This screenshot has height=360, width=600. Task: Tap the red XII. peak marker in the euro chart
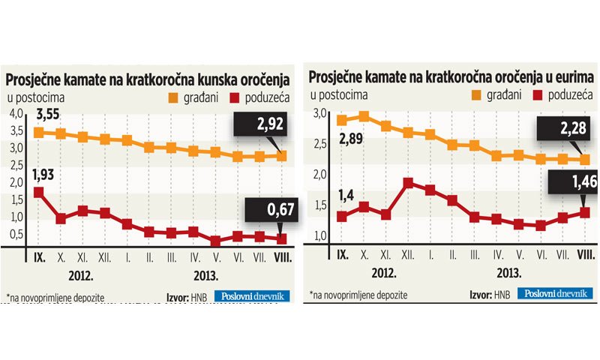tap(407, 182)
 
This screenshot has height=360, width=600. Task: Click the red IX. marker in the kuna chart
tap(38, 193)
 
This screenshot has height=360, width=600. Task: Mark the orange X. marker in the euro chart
tap(364, 116)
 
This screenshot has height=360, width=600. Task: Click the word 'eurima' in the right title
tap(570, 77)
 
